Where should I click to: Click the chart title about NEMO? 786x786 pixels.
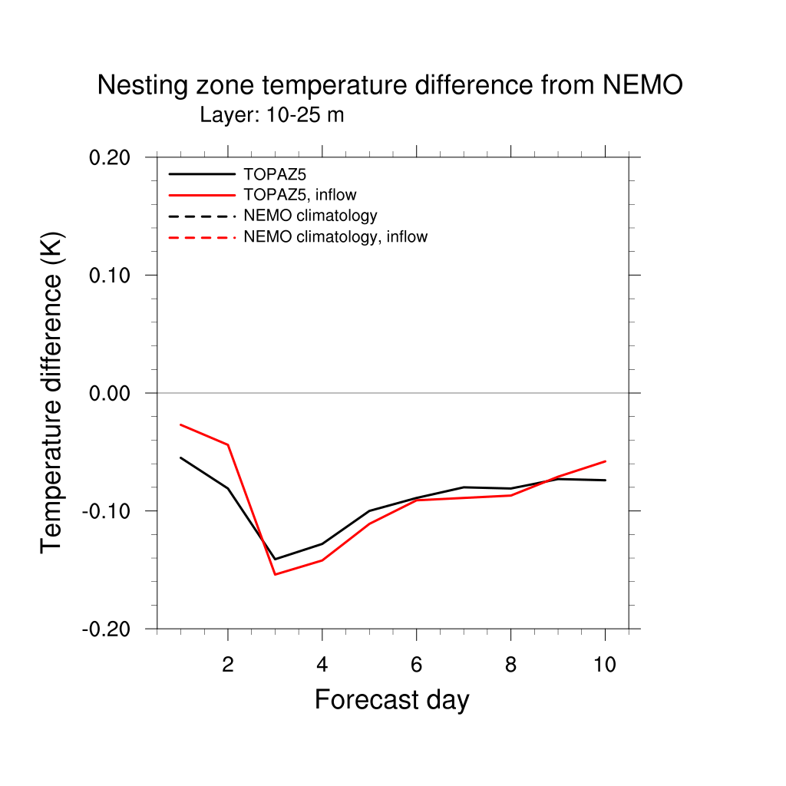point(389,85)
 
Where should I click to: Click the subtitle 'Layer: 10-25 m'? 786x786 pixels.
point(272,116)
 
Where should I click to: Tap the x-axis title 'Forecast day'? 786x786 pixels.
point(391,700)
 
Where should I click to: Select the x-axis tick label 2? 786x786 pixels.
point(228,665)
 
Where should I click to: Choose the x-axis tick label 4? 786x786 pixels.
point(322,665)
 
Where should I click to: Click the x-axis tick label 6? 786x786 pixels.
point(416,665)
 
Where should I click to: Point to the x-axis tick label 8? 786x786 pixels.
point(510,665)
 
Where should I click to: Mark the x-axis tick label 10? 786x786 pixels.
point(605,665)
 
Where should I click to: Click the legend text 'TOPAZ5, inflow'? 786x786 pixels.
point(300,195)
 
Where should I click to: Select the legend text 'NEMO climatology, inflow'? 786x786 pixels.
point(335,237)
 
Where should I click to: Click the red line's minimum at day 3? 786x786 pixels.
point(275,574)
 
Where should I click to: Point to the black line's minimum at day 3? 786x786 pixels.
point(275,559)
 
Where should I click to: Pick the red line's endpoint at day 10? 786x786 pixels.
point(605,461)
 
